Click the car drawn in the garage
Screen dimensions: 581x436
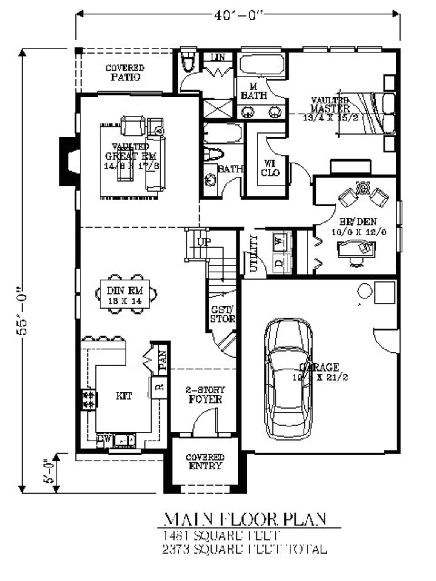click(x=288, y=379)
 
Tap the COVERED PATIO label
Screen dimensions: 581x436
click(x=125, y=73)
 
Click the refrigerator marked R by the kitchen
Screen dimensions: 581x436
click(x=159, y=387)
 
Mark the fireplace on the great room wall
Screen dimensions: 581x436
click(x=68, y=161)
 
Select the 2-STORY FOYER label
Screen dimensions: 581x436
click(x=205, y=395)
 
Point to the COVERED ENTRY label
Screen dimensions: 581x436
click(x=205, y=462)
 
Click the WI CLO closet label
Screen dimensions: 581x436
click(x=270, y=168)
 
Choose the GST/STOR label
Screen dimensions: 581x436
click(x=222, y=314)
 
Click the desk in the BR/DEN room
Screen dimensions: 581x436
click(x=356, y=249)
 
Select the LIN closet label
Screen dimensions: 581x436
click(x=218, y=57)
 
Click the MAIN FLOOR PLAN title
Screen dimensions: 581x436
click(x=245, y=519)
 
